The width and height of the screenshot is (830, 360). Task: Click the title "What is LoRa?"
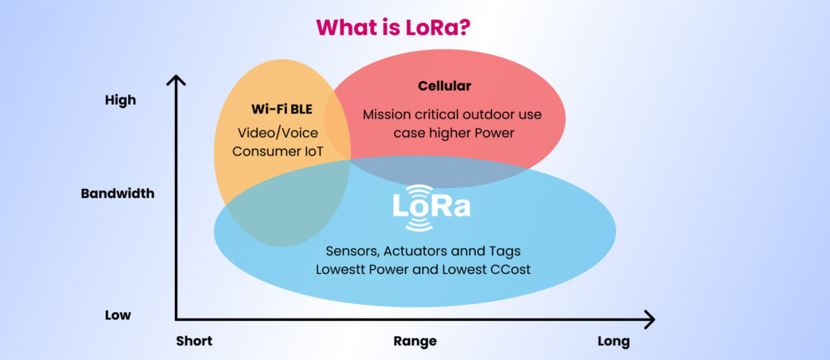(393, 27)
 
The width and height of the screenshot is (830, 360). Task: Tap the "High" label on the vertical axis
(121, 100)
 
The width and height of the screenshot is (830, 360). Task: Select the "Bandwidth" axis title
(118, 194)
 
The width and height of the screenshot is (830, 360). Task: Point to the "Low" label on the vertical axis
(118, 315)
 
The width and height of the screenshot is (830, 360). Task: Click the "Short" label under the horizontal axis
(195, 341)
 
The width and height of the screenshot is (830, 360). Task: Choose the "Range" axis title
(415, 341)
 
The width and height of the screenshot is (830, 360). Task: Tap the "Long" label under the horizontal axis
(614, 341)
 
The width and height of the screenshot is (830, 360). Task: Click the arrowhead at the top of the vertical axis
(176, 79)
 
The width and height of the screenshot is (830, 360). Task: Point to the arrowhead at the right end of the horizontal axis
(649, 319)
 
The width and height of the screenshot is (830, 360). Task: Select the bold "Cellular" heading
(445, 86)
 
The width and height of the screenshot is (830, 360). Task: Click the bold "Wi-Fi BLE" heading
(281, 109)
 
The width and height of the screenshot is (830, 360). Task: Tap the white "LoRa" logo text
(431, 207)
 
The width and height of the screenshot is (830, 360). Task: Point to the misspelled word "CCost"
(512, 269)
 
